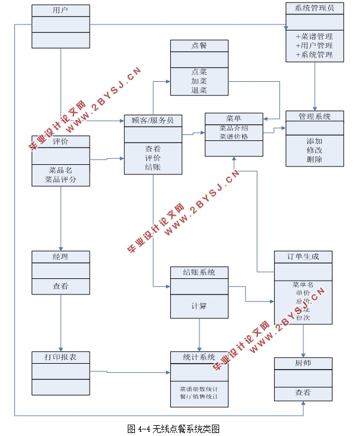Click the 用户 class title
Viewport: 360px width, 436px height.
(x=60, y=10)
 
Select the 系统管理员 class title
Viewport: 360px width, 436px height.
(x=315, y=8)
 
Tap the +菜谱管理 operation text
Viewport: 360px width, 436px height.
(x=315, y=36)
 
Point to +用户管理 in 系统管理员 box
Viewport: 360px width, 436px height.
(x=315, y=45)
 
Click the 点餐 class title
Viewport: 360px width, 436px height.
(x=199, y=45)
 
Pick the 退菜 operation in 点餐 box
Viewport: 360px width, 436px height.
(x=199, y=90)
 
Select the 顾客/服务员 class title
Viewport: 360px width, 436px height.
(x=153, y=120)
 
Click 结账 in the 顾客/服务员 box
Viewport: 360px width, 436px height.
(x=153, y=168)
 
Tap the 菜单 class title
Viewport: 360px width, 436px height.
(x=233, y=118)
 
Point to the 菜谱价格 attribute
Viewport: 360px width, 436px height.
(x=233, y=136)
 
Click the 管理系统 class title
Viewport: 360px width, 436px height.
(x=315, y=116)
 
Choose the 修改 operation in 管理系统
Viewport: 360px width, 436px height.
(x=315, y=150)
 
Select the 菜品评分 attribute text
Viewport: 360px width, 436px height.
(x=60, y=179)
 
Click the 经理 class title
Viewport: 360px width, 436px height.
(x=60, y=256)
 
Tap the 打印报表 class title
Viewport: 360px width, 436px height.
(x=60, y=357)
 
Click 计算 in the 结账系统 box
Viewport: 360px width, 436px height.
(x=199, y=306)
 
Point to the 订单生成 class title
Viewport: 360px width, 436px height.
(x=303, y=256)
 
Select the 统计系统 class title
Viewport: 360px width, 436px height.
(x=199, y=357)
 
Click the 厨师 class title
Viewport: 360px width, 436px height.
(x=303, y=363)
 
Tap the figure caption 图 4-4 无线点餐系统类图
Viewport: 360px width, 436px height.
(x=174, y=428)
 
